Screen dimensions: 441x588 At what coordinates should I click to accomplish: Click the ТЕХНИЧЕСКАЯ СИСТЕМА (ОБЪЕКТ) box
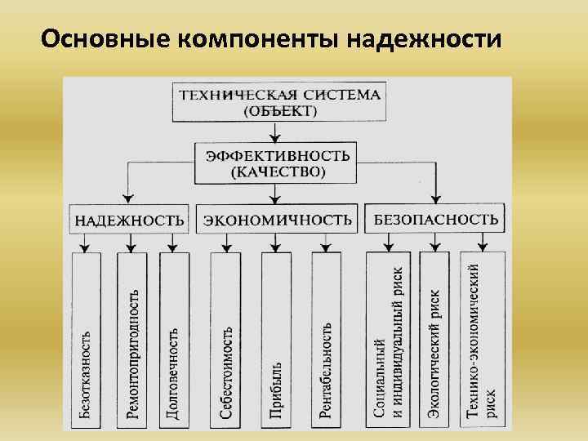click(279, 101)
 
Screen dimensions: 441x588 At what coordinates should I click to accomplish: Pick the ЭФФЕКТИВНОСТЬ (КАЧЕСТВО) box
click(278, 163)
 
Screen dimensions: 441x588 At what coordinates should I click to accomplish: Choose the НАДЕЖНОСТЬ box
click(130, 220)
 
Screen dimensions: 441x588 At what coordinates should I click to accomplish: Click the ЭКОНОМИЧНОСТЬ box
click(278, 220)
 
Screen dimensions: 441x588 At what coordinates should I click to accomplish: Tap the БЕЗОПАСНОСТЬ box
click(435, 219)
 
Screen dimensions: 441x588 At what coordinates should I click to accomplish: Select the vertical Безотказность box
click(86, 339)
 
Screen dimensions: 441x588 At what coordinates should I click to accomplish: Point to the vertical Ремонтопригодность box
click(131, 339)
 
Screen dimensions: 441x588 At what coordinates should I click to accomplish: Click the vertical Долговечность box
click(174, 339)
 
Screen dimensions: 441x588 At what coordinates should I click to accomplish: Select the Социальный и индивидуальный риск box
click(389, 339)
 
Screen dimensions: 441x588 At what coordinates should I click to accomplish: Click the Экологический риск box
click(435, 339)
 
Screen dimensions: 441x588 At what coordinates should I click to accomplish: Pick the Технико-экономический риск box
click(483, 339)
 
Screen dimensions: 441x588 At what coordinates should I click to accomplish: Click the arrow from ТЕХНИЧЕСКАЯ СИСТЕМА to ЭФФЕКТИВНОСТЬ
click(278, 132)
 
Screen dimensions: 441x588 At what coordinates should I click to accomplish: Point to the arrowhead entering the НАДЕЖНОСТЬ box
click(128, 198)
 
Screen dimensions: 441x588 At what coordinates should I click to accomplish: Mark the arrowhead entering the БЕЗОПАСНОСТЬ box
click(437, 198)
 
